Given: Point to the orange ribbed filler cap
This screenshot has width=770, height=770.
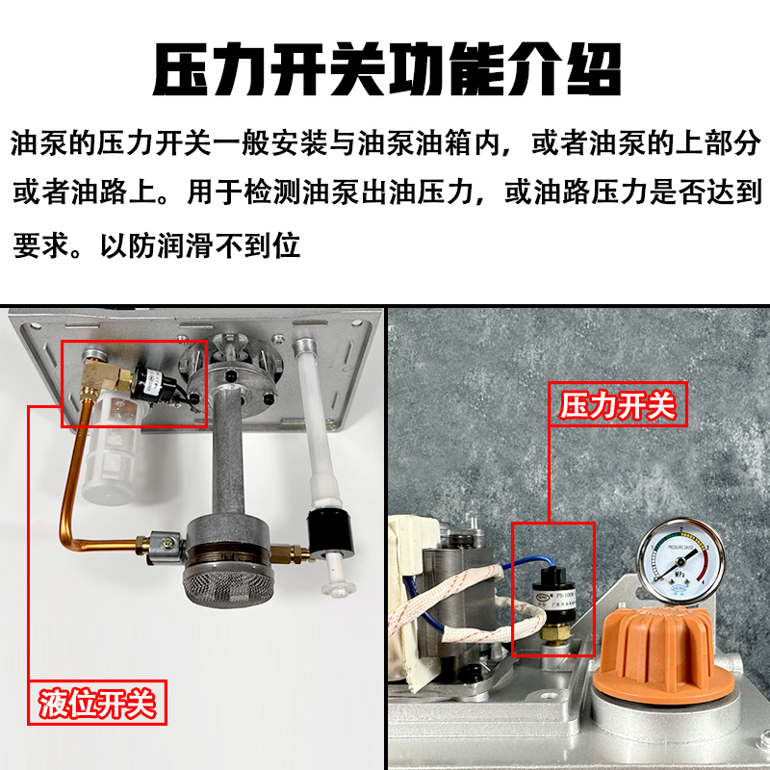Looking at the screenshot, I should [654, 664].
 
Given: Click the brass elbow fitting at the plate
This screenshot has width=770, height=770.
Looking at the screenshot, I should [96, 372].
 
